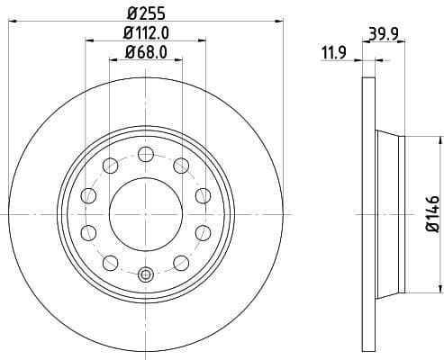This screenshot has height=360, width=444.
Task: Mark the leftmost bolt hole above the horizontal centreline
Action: coord(88,195)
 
